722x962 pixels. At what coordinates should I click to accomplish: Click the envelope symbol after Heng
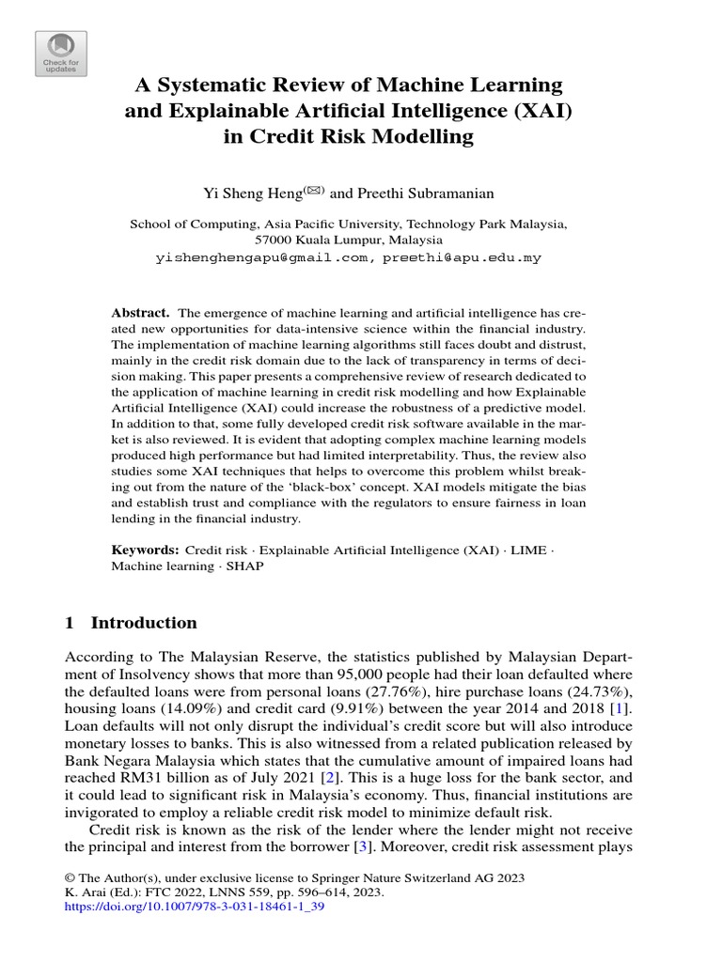313,190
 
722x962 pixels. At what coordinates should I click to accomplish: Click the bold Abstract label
140,311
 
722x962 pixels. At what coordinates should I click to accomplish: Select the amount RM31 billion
141,780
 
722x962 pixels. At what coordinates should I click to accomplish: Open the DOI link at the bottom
195,908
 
